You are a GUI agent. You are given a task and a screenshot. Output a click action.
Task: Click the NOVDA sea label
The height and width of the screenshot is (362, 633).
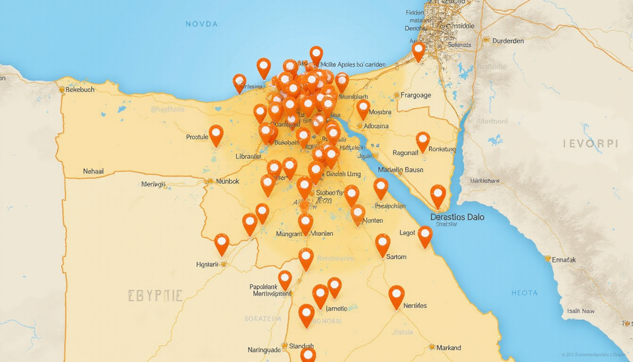point(202,24)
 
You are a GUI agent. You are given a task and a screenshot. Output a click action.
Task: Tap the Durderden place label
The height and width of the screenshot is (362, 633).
point(508,41)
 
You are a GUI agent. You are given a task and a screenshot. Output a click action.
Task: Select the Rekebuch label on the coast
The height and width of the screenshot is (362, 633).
point(80,89)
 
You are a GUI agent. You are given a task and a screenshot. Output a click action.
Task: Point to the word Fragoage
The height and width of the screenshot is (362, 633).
point(415,95)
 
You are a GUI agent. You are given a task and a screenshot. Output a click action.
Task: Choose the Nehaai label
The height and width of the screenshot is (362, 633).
point(93,172)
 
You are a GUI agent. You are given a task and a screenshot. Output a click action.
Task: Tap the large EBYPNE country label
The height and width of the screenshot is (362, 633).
point(155,296)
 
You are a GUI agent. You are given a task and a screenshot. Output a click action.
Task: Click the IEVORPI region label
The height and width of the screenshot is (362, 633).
point(590,144)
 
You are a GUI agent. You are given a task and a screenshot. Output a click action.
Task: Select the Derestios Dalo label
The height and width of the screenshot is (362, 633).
point(457,217)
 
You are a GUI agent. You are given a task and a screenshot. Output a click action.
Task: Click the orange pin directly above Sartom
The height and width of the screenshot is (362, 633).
point(382,242)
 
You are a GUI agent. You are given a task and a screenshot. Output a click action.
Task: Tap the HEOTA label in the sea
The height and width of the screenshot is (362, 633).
point(524,293)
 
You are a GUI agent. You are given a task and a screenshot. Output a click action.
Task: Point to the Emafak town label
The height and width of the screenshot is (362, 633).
point(563,259)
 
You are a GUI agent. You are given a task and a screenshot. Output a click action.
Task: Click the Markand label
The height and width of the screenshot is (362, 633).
point(448,347)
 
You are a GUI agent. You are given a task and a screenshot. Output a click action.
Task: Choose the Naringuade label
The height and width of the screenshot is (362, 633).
point(264,350)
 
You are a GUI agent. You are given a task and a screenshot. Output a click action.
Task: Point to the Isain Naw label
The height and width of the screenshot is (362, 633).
point(581,311)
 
